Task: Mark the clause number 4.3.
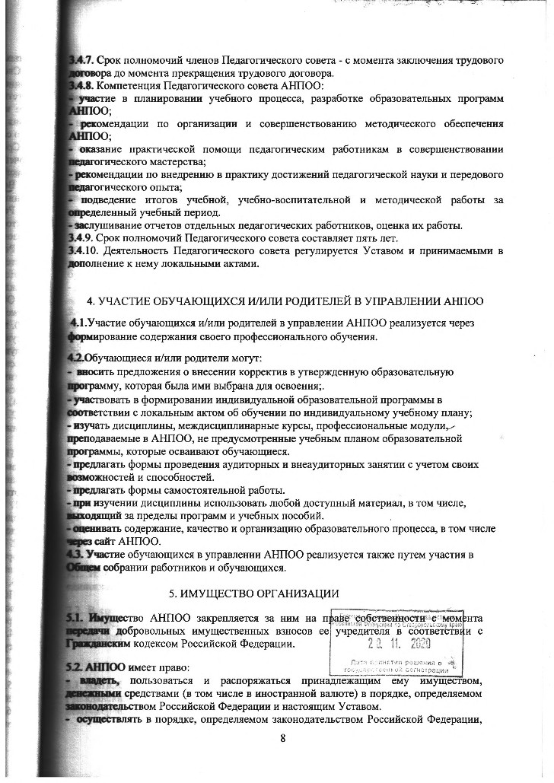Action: pyautogui.click(x=76, y=554)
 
